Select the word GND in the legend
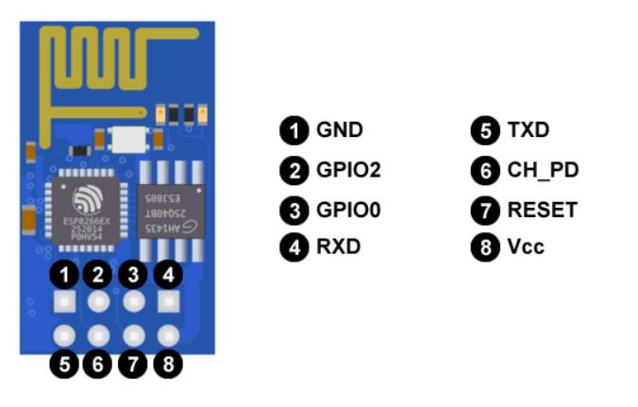339,130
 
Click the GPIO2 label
348,170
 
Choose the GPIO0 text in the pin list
348,209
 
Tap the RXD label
338,247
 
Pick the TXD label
527,130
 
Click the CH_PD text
542,170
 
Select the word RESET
541,209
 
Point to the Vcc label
525,247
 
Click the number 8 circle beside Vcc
485,248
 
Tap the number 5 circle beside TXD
485,131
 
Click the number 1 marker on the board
63,276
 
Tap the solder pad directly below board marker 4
168,302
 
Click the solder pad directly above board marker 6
98,334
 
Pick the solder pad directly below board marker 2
98,302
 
